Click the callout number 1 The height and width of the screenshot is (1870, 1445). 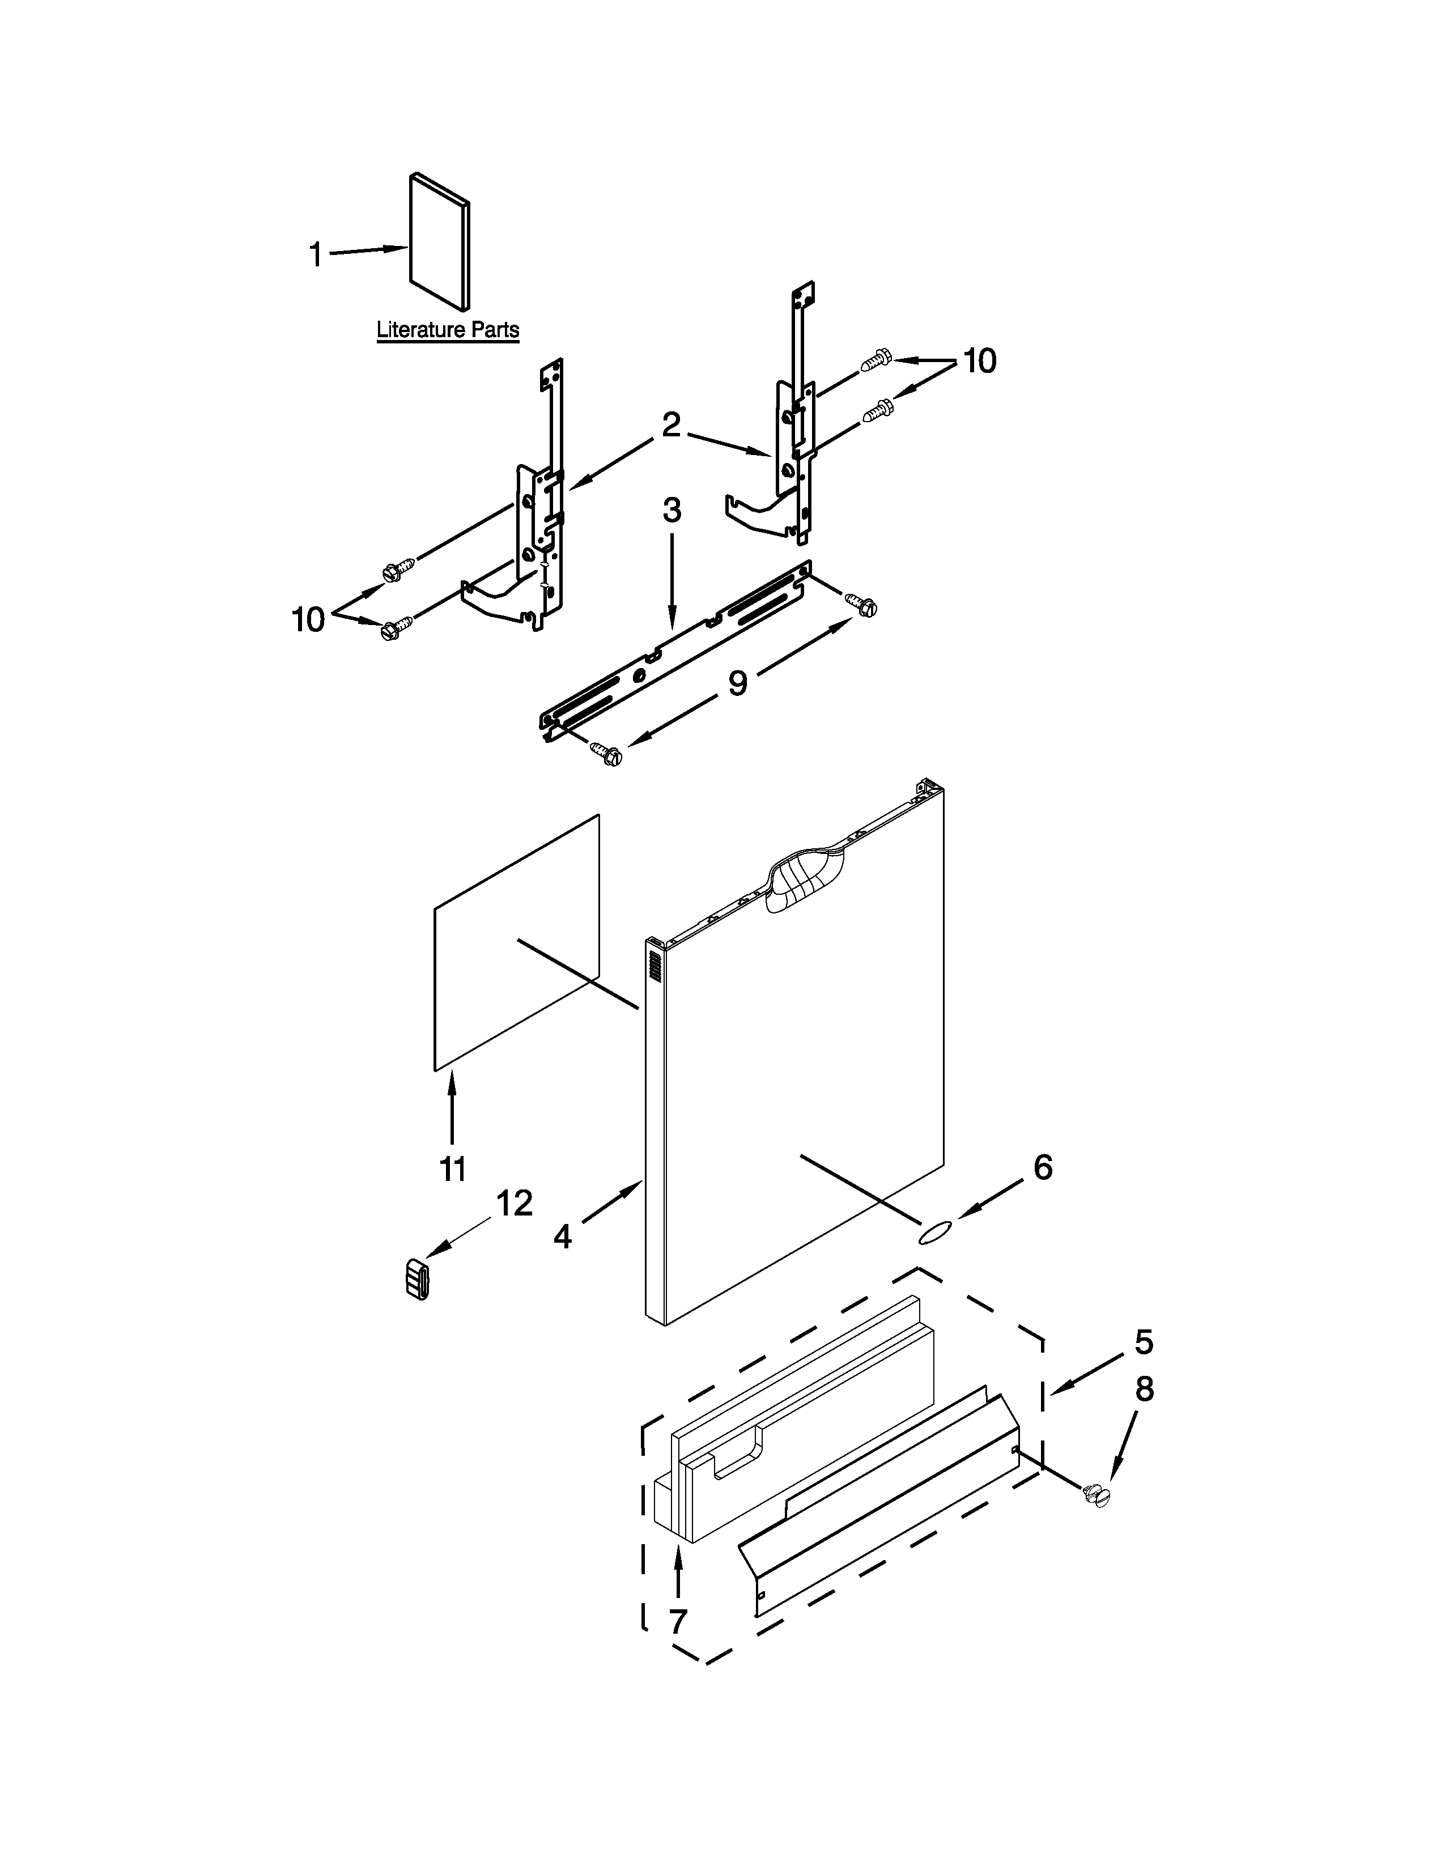(x=315, y=254)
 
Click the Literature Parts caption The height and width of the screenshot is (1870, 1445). (x=448, y=330)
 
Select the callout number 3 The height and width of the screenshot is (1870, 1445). (x=672, y=511)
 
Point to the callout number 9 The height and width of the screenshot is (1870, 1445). (x=737, y=682)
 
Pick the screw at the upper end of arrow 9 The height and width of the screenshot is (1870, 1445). (x=861, y=605)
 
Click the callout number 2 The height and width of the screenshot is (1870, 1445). (x=671, y=424)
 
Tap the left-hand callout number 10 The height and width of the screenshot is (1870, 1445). (x=308, y=619)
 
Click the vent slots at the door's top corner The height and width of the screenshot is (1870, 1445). (x=656, y=967)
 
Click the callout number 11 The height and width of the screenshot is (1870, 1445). (x=452, y=1168)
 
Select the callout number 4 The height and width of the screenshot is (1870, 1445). (x=562, y=1235)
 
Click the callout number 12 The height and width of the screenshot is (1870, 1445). (x=515, y=1203)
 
